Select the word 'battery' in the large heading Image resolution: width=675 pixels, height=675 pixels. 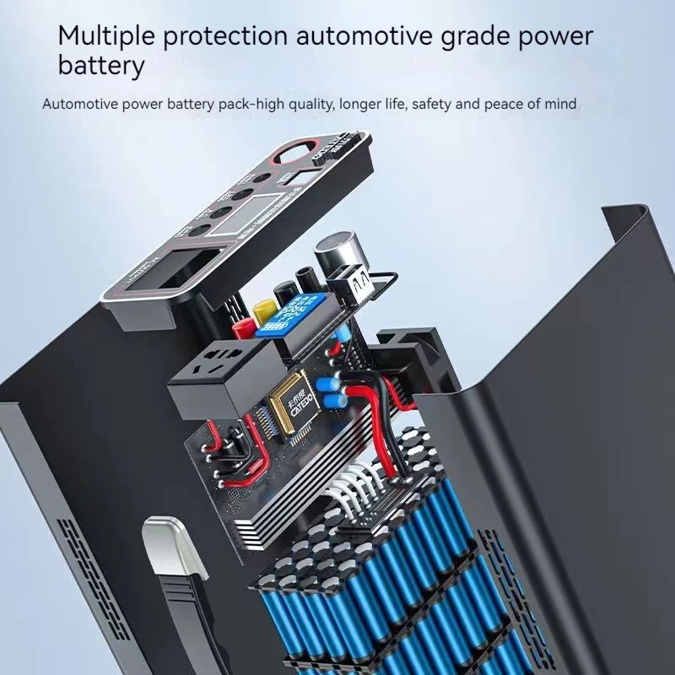101,66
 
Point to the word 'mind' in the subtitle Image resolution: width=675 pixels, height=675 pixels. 560,105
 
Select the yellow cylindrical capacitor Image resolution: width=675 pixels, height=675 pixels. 263,310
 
